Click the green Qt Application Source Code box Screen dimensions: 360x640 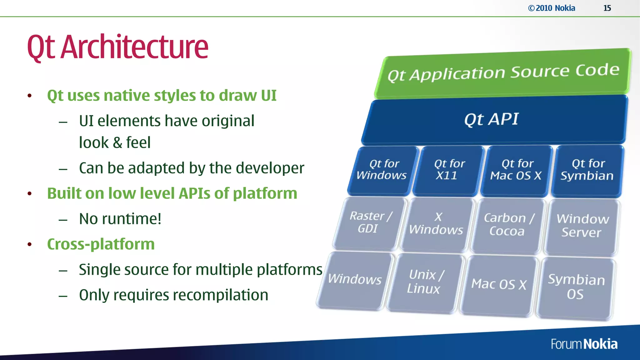click(x=503, y=73)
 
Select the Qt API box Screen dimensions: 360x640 click(x=494, y=120)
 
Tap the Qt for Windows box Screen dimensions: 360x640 click(x=383, y=170)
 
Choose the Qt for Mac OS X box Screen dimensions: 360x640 click(x=516, y=170)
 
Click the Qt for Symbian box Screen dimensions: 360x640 click(x=587, y=170)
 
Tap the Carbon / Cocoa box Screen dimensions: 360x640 click(x=508, y=225)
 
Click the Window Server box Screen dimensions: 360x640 click(x=582, y=226)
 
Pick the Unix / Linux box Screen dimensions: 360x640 click(x=424, y=282)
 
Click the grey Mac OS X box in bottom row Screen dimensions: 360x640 click(x=499, y=284)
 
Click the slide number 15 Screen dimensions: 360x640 click(x=607, y=8)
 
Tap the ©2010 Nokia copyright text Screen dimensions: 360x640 click(x=552, y=8)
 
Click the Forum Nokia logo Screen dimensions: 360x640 click(x=584, y=344)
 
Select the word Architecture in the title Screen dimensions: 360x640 click(x=134, y=47)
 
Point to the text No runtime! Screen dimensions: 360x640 click(x=120, y=219)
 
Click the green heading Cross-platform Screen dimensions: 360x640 click(x=101, y=244)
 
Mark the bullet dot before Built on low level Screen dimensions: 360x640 click(x=30, y=194)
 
